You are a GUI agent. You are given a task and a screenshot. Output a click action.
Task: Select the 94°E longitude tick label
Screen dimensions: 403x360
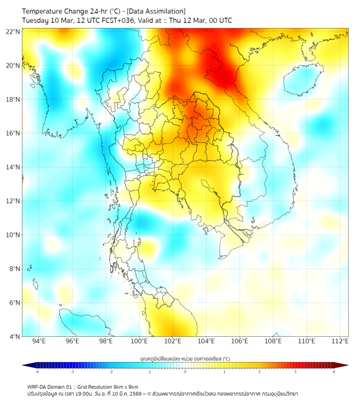click(39, 341)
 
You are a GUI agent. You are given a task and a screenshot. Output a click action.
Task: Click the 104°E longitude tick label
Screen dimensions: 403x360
click(206, 341)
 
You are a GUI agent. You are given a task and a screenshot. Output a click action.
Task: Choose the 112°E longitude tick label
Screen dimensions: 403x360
click(340, 341)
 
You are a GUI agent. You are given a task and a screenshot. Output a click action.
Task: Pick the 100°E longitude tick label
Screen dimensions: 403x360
click(139, 341)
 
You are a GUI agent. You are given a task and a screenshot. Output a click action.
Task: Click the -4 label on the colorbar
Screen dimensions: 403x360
click(37, 372)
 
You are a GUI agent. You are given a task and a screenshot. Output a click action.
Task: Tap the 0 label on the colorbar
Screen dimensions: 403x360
click(185, 372)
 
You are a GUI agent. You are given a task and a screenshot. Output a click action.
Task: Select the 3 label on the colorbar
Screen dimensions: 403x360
click(296, 372)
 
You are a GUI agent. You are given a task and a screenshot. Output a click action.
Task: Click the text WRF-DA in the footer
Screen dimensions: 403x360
click(37, 387)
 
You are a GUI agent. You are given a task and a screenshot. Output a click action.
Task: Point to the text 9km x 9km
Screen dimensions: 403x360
click(125, 387)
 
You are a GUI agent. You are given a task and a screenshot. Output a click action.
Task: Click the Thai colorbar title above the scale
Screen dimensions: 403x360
click(185, 358)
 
